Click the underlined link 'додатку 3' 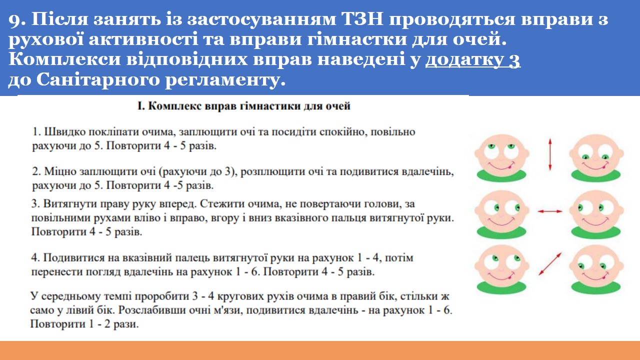tap(473, 59)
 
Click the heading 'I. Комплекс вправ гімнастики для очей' tap(243, 106)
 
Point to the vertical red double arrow tap(550, 154)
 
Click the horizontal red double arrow tap(550, 211)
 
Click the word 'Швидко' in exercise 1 tap(64, 132)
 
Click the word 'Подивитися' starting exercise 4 tap(74, 257)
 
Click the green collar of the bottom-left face tap(501, 287)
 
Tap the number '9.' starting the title tap(17, 20)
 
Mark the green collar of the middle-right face tap(596, 232)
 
